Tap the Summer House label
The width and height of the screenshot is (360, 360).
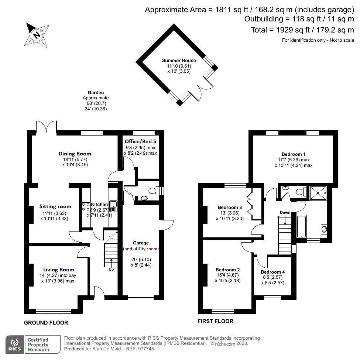pos(179,61)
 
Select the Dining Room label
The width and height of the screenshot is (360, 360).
pos(75,154)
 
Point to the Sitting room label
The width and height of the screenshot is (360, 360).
pos(55,206)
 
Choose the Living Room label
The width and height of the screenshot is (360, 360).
pos(59,270)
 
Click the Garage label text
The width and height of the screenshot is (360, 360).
pos(141,243)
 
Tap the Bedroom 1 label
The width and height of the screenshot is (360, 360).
pos(294,154)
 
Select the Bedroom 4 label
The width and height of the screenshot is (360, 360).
pos(273,272)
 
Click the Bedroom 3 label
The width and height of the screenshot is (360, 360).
pos(230,207)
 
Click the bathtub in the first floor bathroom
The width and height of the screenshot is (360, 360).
pos(301,226)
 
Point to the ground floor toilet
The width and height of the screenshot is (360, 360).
pos(152,191)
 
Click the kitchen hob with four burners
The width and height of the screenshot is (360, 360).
pos(86,206)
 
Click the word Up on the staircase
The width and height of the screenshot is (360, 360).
pos(111,269)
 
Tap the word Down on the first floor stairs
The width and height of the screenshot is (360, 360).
pos(285,212)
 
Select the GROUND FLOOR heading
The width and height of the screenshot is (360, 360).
pos(46,323)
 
